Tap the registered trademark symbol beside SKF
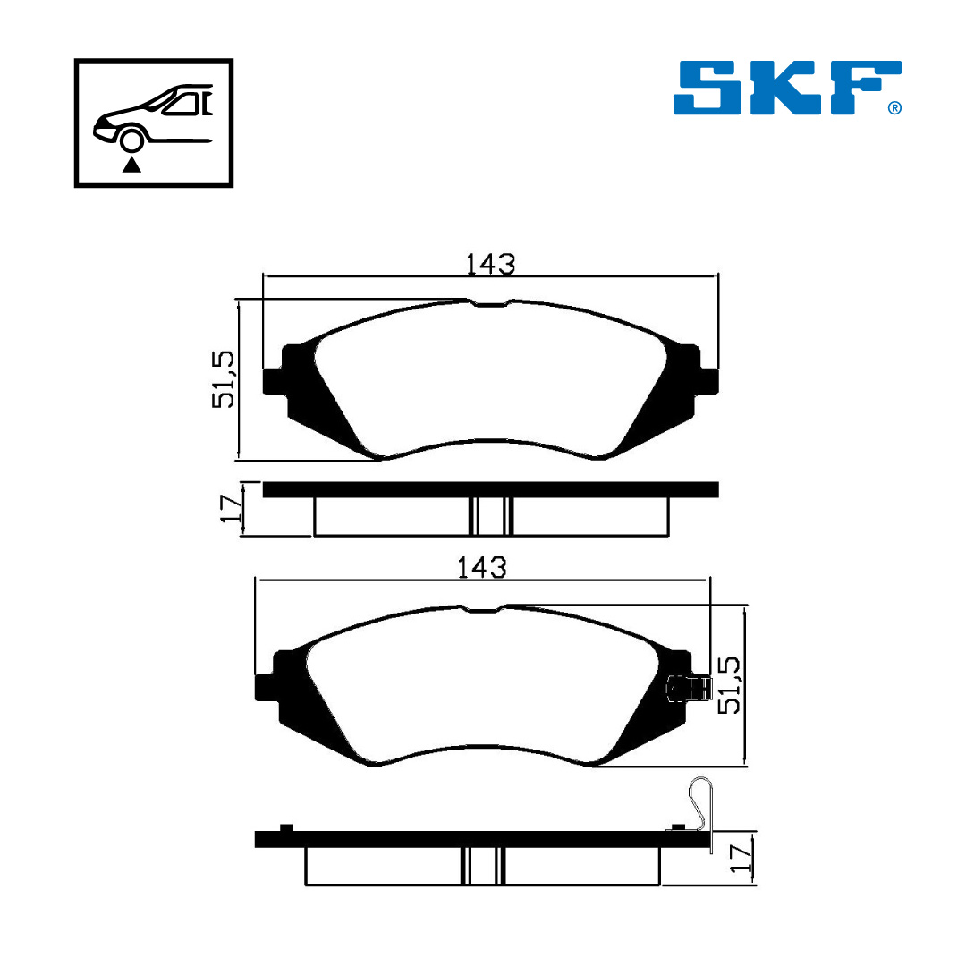[x=894, y=108]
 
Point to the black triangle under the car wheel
[x=131, y=165]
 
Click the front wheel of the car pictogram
[x=131, y=140]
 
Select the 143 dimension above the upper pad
[x=490, y=264]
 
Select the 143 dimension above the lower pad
[x=482, y=567]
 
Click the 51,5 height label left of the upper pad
[x=224, y=379]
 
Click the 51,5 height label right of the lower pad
[x=730, y=685]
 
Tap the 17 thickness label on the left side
[x=232, y=508]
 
